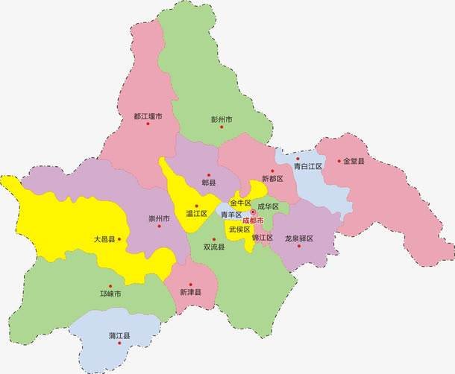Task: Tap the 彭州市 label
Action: click(x=222, y=119)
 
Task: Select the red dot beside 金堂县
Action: click(x=338, y=160)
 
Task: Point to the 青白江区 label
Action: click(x=307, y=167)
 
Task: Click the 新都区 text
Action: click(x=273, y=179)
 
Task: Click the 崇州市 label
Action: click(x=159, y=218)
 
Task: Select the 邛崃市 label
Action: click(x=110, y=294)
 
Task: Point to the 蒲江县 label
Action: click(x=119, y=337)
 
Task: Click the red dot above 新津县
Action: click(x=190, y=284)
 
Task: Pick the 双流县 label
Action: click(x=214, y=247)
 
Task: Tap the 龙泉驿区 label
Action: click(x=299, y=238)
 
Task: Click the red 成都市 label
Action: click(x=253, y=221)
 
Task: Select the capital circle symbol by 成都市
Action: click(x=253, y=212)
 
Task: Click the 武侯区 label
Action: click(x=239, y=229)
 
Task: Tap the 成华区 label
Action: click(x=268, y=206)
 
